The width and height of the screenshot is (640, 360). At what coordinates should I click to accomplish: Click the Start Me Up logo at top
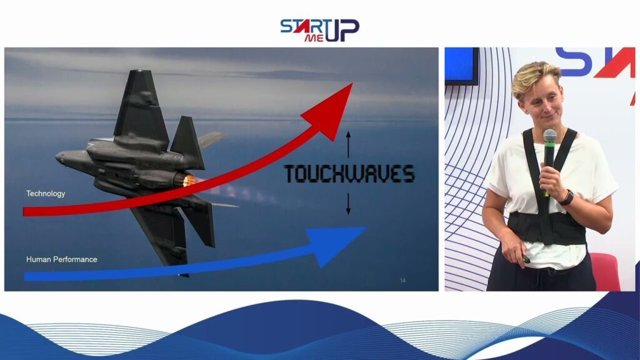point(319,30)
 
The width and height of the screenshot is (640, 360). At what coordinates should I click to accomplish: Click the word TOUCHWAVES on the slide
point(349,174)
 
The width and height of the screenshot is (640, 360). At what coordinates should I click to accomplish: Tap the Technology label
point(45,194)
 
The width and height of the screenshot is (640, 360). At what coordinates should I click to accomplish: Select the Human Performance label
point(62,259)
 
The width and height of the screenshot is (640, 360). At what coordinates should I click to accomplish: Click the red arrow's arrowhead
point(331,110)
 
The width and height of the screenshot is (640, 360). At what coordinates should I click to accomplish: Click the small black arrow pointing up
point(348,144)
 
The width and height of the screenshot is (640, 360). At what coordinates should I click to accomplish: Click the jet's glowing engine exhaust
point(188,180)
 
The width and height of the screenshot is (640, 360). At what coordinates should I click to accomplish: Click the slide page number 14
point(403,281)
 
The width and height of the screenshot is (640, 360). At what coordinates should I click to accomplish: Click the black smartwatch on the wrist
point(566,198)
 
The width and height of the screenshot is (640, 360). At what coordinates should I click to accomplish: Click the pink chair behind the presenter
point(605,271)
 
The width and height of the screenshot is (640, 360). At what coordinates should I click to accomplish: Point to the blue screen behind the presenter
point(462,65)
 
